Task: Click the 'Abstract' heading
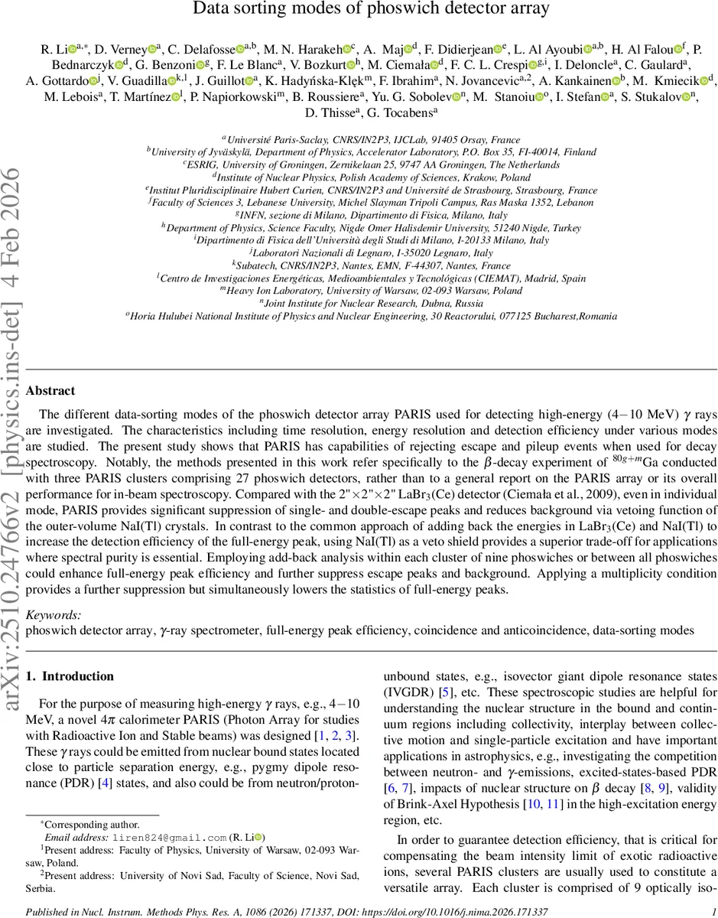50,391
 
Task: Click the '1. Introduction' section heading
70,676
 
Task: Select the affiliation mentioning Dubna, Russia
359,302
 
